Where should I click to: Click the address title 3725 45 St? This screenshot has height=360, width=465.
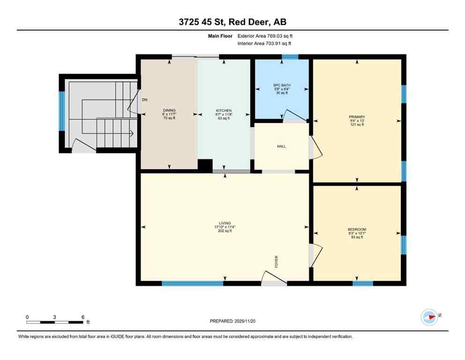(x=232, y=22)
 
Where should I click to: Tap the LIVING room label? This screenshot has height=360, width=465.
(x=225, y=223)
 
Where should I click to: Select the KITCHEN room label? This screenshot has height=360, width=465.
(x=224, y=111)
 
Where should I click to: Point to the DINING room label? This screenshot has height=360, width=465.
(x=169, y=111)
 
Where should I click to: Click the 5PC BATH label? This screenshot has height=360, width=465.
(x=281, y=85)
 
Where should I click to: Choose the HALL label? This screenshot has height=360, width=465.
(x=281, y=146)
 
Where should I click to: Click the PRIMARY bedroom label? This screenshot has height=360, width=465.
(x=357, y=117)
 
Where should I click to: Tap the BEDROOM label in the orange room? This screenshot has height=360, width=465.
(x=357, y=229)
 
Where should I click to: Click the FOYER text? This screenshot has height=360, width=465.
(x=276, y=261)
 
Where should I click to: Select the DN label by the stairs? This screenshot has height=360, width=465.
(x=145, y=100)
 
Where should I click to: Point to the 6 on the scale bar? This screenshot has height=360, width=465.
(x=83, y=317)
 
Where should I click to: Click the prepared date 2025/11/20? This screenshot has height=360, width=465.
(x=232, y=321)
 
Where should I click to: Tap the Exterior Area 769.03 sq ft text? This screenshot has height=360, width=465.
(x=266, y=36)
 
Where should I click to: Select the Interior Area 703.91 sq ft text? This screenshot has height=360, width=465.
(x=265, y=44)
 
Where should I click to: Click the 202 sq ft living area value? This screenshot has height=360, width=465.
(x=225, y=231)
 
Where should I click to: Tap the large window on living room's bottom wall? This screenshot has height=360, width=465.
(x=192, y=283)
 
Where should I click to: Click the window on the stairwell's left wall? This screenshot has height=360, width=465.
(x=61, y=111)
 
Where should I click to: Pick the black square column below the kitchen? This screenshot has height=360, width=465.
(x=205, y=165)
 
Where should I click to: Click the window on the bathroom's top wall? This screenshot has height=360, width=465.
(x=290, y=57)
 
